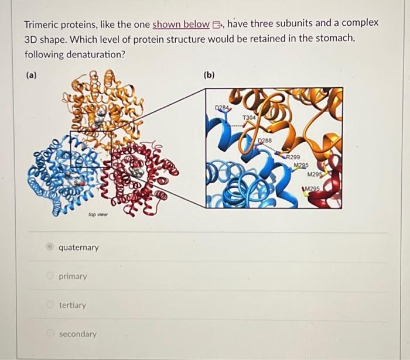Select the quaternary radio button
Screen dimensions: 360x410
coord(51,247)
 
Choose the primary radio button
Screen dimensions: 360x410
coord(51,276)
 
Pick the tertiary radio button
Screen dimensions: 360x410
coord(51,305)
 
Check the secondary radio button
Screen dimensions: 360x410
coord(51,334)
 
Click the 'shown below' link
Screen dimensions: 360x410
coord(180,25)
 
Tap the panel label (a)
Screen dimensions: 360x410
coord(30,75)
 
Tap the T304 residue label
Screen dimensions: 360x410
coord(250,118)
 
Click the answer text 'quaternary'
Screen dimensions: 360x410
coord(78,248)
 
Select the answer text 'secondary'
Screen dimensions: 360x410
coord(77,334)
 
